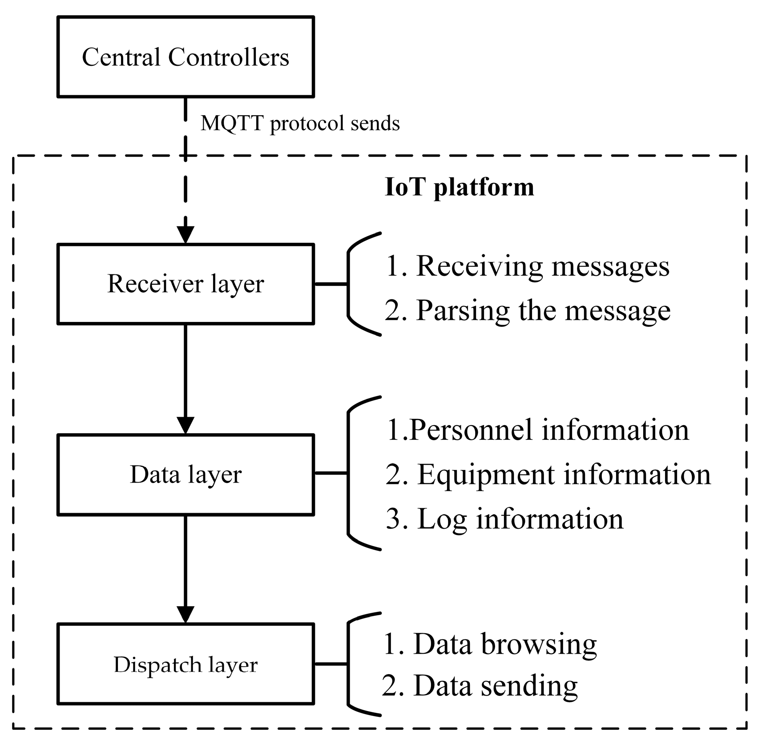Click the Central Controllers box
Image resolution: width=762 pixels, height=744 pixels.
[185, 57]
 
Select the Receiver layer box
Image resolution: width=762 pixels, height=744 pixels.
[185, 284]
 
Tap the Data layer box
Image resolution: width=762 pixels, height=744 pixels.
[185, 475]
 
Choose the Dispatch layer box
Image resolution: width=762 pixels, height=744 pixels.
[185, 664]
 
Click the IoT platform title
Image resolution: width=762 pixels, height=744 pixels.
[459, 187]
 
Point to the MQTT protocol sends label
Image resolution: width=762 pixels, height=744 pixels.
[300, 123]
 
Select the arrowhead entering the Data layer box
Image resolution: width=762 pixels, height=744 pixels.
[185, 425]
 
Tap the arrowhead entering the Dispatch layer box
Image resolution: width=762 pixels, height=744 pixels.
[185, 615]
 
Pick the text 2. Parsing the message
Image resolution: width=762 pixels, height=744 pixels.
[528, 310]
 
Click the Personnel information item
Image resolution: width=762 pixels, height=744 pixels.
[537, 430]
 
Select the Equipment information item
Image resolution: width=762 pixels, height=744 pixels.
[548, 474]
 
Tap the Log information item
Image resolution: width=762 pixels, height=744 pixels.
[504, 519]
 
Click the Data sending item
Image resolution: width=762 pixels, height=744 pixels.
[480, 685]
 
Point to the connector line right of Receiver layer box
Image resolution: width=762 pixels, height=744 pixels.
[331, 284]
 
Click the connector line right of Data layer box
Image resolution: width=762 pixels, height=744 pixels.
[331, 473]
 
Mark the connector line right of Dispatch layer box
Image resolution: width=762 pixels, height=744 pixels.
[331, 664]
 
